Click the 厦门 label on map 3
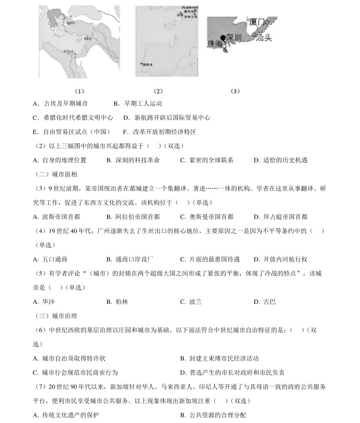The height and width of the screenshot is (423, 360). click(x=257, y=22)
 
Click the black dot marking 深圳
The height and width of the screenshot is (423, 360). click(x=223, y=37)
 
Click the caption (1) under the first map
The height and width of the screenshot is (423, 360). click(x=79, y=91)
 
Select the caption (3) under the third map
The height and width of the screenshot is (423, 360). click(x=235, y=91)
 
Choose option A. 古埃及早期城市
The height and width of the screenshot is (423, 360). click(x=60, y=104)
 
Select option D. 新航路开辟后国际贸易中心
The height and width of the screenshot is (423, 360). click(x=167, y=117)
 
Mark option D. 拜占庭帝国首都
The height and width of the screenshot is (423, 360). click(x=280, y=217)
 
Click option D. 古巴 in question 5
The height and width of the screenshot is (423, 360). click(x=265, y=302)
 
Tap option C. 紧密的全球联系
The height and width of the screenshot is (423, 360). click(x=207, y=160)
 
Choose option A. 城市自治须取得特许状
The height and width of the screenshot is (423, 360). click(x=69, y=358)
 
